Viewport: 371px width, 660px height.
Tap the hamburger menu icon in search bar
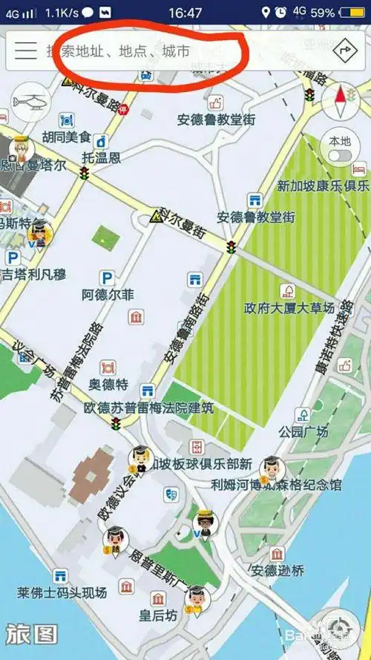(x=26, y=50)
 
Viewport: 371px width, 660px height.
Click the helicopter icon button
(x=30, y=101)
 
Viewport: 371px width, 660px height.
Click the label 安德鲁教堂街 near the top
(x=215, y=120)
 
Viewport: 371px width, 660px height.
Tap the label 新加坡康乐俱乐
(x=323, y=186)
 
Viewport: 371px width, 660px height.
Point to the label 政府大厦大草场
(x=289, y=307)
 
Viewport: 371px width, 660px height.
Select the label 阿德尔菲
(x=108, y=295)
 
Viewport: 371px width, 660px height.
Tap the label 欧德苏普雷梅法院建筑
(x=148, y=408)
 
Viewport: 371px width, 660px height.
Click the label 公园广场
(x=303, y=431)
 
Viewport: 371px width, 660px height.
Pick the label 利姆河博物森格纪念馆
(x=276, y=485)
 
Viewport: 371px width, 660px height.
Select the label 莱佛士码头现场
(x=62, y=592)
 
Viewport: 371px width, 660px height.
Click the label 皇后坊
(x=157, y=615)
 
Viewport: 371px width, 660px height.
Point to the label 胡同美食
(x=66, y=137)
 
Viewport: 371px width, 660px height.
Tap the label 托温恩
(x=101, y=157)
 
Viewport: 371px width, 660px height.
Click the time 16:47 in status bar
(x=185, y=13)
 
